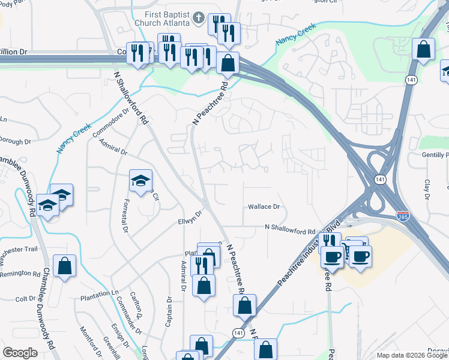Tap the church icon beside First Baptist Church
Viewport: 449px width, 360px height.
(x=199, y=19)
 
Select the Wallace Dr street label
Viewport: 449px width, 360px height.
(x=264, y=207)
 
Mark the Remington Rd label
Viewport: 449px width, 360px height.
(x=20, y=274)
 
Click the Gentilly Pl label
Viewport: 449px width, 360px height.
(x=431, y=155)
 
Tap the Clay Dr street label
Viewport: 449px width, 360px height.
(x=427, y=189)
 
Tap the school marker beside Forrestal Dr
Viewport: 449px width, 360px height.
(x=140, y=181)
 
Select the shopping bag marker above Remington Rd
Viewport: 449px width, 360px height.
(x=64, y=266)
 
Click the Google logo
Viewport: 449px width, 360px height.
(x=20, y=352)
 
